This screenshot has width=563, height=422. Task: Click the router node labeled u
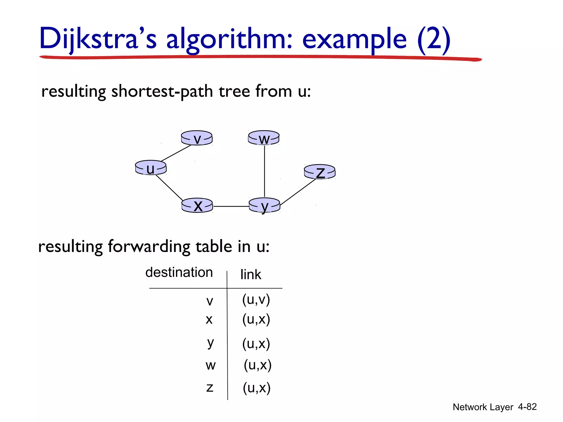[151, 168]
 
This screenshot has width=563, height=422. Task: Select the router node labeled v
[197, 138]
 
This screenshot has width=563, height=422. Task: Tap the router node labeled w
[264, 138]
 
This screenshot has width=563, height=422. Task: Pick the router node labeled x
[197, 206]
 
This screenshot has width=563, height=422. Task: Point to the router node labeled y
[264, 206]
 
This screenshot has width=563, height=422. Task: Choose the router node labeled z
[320, 172]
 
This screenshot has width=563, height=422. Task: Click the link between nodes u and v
[176, 153]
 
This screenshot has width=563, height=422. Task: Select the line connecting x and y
[231, 206]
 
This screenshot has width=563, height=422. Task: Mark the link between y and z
[298, 192]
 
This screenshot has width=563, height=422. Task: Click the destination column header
[179, 272]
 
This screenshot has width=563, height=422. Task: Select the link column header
[250, 274]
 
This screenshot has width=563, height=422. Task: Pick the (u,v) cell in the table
[256, 299]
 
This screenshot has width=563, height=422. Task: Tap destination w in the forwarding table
[210, 365]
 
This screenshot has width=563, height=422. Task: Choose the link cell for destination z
[256, 388]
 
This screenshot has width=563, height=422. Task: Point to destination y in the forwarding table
[210, 343]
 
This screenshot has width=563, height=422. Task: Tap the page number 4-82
[527, 407]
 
